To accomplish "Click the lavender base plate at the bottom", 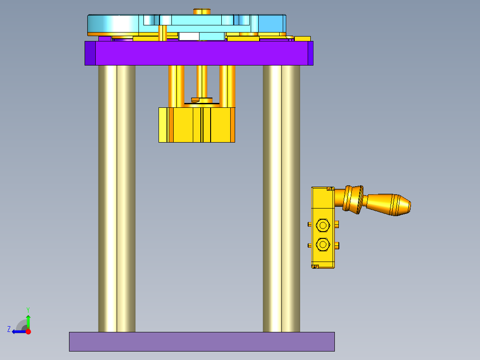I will pyautogui.click(x=201, y=341).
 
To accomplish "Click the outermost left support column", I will pyautogui.click(x=107, y=198).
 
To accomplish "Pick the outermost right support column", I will pyautogui.click(x=291, y=198).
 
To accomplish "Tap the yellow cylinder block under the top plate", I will pyautogui.click(x=196, y=125).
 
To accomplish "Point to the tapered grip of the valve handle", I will pyautogui.click(x=390, y=205).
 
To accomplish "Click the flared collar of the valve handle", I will pyautogui.click(x=354, y=199).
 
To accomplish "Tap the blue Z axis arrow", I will pyautogui.click(x=18, y=331).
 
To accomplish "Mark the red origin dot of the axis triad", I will pyautogui.click(x=28, y=331).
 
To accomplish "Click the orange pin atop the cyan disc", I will pyautogui.click(x=202, y=11).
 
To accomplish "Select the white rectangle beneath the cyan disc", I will pyautogui.click(x=189, y=36).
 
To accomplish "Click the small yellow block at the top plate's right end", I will pyautogui.click(x=302, y=39).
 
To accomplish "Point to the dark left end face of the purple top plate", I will pyautogui.click(x=90, y=53).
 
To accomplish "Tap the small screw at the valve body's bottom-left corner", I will pyautogui.click(x=315, y=266).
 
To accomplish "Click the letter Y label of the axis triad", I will pyautogui.click(x=28, y=309).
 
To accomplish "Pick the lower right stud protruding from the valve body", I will pyautogui.click(x=337, y=245).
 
